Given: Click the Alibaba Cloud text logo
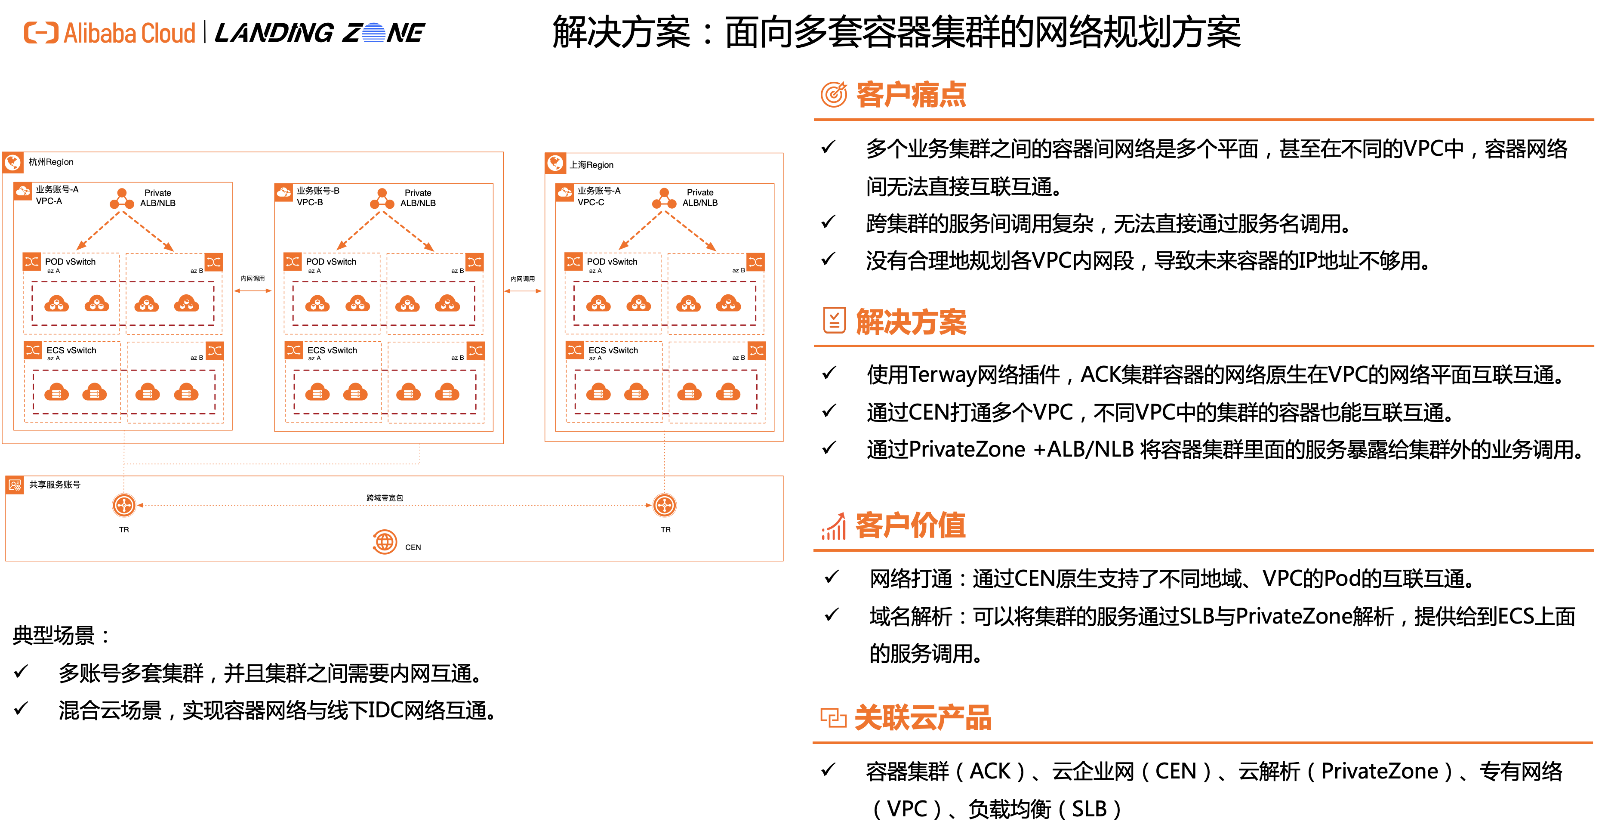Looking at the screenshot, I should click(129, 33).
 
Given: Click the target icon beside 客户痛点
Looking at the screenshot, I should click(834, 94).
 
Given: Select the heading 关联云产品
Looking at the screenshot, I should click(923, 718).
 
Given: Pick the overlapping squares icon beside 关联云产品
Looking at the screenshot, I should click(833, 718).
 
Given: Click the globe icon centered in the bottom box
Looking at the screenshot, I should click(385, 542).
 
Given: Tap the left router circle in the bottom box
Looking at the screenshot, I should click(123, 505).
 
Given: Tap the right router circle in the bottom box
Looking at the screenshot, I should click(664, 505).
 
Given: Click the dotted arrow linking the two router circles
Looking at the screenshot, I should click(393, 505).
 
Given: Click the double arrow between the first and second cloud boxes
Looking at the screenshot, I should click(253, 291).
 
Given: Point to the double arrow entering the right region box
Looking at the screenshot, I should click(523, 291).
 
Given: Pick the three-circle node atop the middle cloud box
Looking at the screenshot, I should click(382, 199).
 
